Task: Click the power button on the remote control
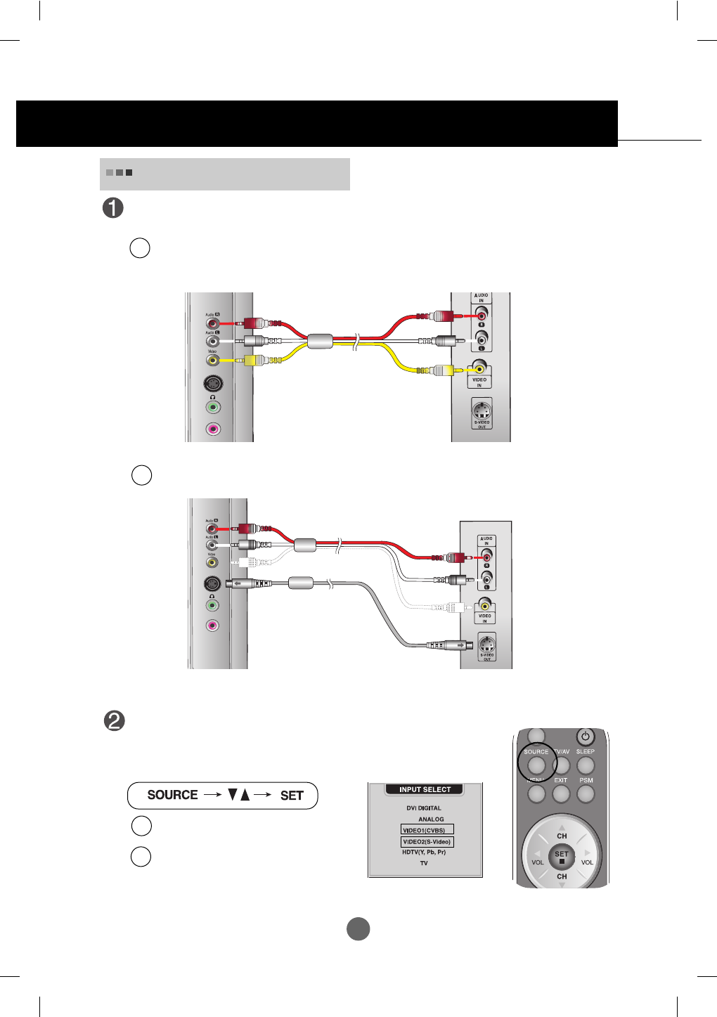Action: [585, 737]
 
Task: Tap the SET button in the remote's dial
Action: [562, 856]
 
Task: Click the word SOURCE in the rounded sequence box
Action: [172, 795]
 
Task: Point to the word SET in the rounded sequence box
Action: [292, 796]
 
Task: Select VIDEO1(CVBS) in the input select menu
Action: [427, 830]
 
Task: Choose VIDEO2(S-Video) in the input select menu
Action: [427, 841]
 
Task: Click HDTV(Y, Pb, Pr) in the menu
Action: [424, 852]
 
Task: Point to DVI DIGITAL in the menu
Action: [424, 808]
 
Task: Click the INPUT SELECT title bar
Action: [425, 789]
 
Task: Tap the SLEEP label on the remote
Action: [585, 751]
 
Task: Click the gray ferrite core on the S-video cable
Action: [301, 583]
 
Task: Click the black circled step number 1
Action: [113, 208]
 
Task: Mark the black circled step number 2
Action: [114, 721]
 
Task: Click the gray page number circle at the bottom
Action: [358, 928]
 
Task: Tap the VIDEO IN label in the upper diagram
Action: [479, 382]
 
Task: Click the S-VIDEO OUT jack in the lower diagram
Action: [486, 643]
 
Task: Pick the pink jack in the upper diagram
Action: [213, 429]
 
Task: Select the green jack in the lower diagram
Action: [212, 605]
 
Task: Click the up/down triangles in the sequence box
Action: [239, 795]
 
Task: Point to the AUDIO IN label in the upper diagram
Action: [481, 298]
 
